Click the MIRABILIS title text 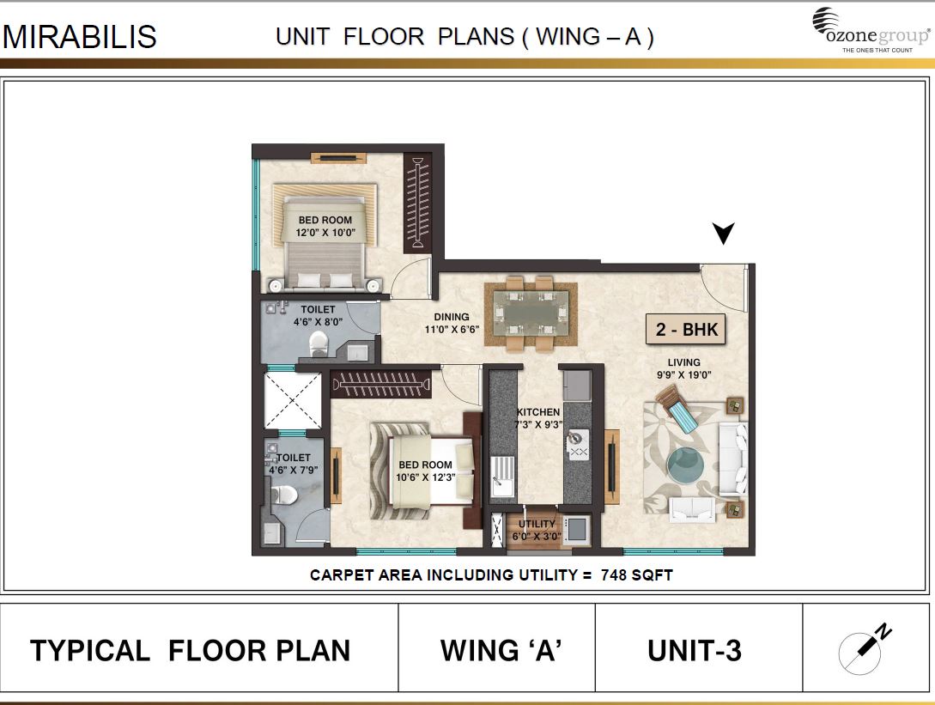80,37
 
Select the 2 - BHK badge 686,329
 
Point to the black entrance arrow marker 724,233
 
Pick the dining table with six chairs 525,313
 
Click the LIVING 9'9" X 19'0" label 684,368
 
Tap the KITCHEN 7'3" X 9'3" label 538,418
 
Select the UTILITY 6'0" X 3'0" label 537,530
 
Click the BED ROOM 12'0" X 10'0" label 325,226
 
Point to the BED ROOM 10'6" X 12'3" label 424,471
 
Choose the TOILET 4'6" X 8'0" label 318,315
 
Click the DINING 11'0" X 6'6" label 452,323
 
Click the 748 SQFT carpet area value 639,575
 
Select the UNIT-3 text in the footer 694,651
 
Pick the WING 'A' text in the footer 501,651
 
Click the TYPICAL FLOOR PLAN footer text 190,651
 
